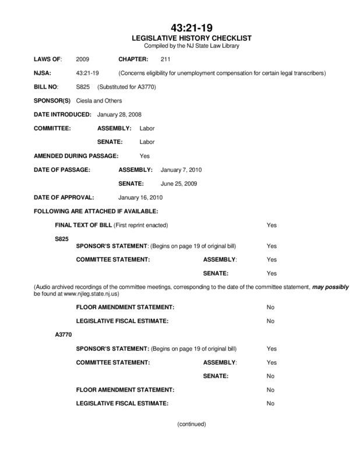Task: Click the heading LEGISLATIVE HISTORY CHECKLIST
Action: coord(192,38)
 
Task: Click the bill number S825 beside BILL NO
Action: coord(82,87)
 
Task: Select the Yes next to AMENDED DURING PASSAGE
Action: coord(145,156)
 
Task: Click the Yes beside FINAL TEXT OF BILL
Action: coord(271,225)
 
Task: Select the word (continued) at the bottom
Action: coord(192,424)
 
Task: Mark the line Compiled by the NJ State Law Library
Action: coord(192,45)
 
